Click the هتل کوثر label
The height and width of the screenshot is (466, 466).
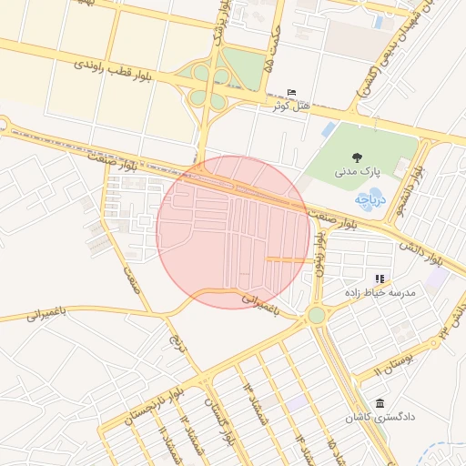pyautogui.click(x=290, y=106)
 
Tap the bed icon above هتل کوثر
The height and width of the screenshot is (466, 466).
pyautogui.click(x=291, y=93)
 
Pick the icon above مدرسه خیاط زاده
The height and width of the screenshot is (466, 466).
pyautogui.click(x=380, y=279)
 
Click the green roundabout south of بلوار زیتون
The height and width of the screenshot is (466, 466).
pyautogui.click(x=316, y=315)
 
